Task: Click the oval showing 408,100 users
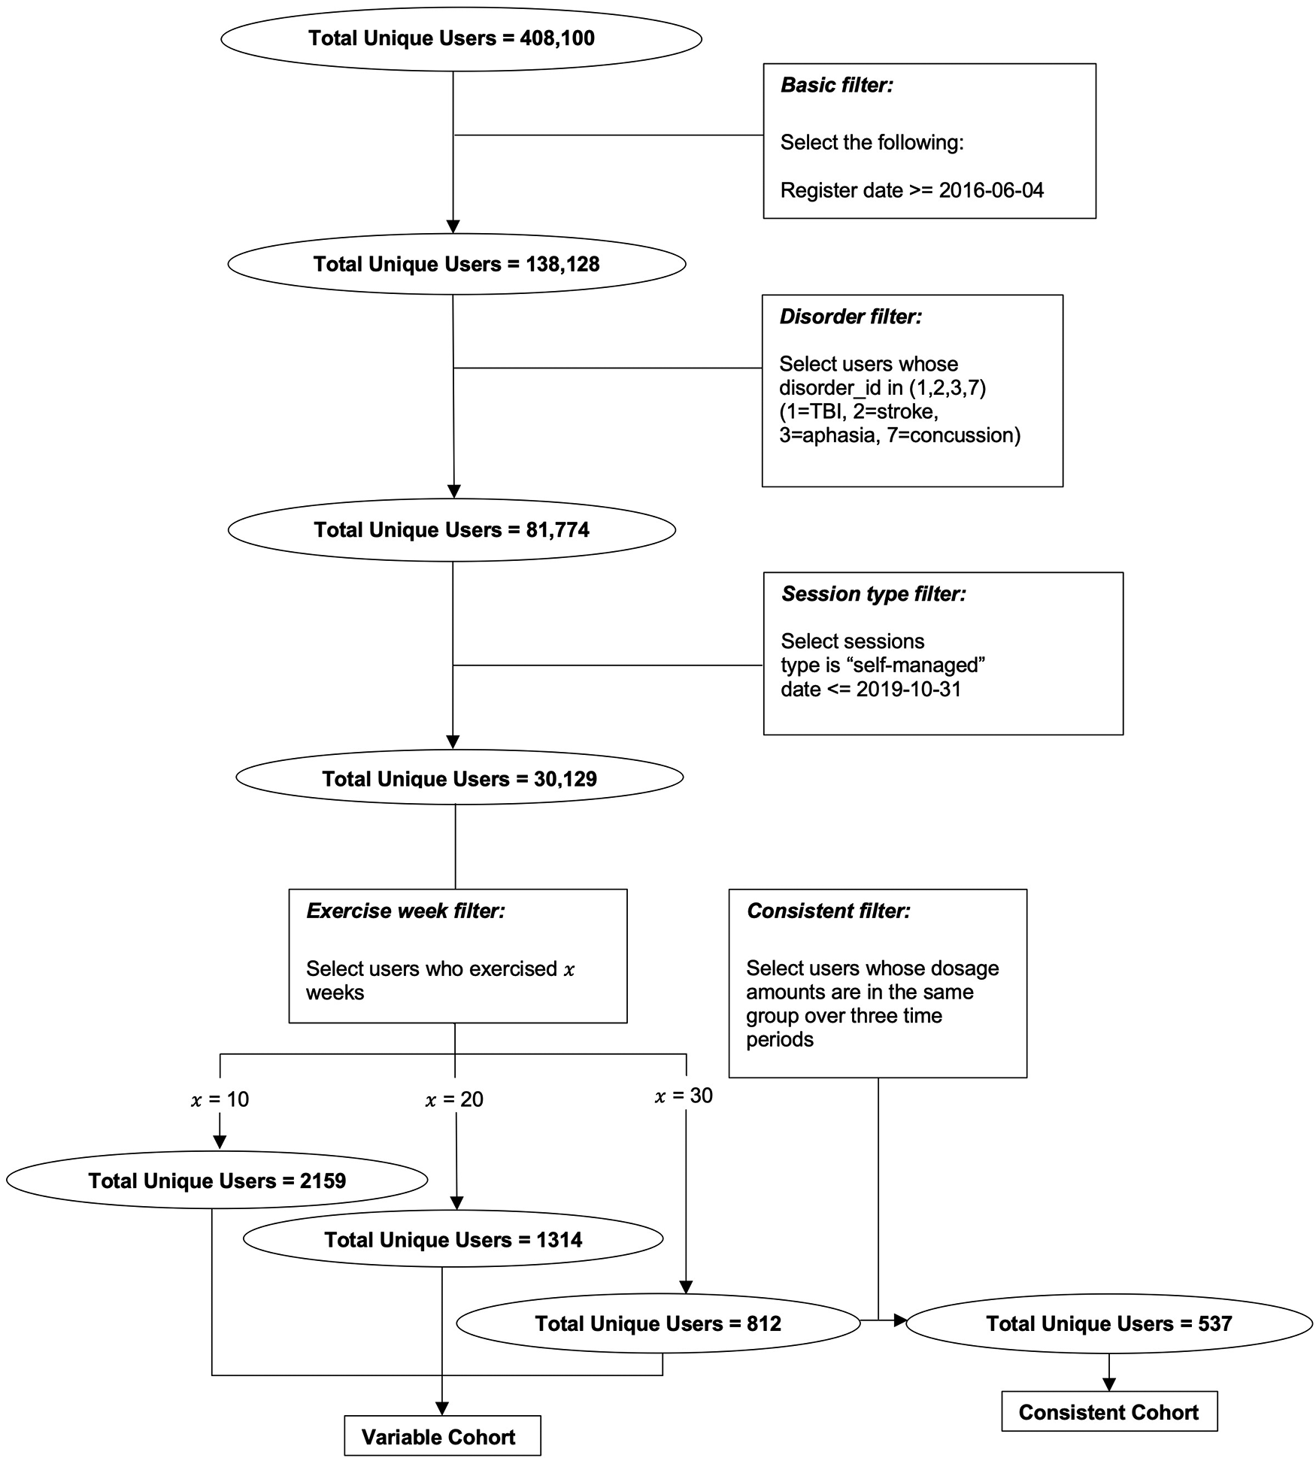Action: point(460,39)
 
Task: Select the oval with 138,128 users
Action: point(456,265)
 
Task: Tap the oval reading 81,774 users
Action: point(451,530)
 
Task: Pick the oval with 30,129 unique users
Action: point(459,778)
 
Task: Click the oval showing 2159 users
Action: point(217,1181)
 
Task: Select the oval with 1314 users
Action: point(453,1240)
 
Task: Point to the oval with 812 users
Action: point(658,1323)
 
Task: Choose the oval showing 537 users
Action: point(1108,1323)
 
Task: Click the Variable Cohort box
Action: point(441,1437)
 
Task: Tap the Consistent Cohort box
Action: point(1108,1412)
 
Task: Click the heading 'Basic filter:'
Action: point(836,86)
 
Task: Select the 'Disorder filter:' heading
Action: point(850,317)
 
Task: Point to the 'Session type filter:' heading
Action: point(873,594)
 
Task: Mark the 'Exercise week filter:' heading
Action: point(405,911)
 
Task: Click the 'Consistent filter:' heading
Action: point(828,911)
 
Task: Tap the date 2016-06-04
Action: point(991,190)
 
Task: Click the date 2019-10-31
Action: point(908,690)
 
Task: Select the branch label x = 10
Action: point(220,1100)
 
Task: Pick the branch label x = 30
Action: point(683,1096)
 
